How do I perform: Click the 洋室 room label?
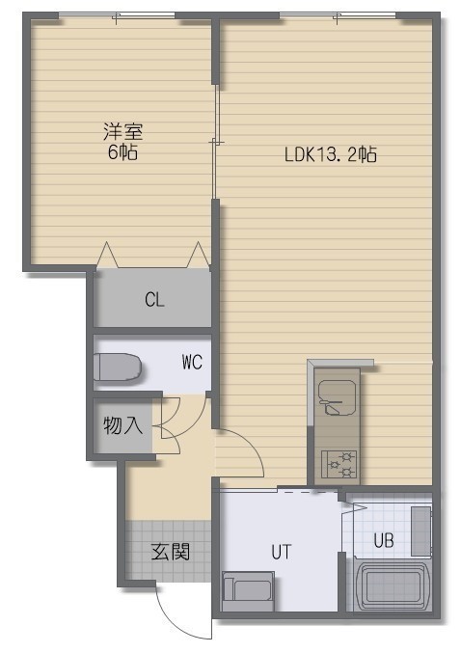pyautogui.click(x=123, y=131)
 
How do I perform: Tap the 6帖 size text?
pyautogui.click(x=122, y=152)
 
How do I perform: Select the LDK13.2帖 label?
pyautogui.click(x=331, y=154)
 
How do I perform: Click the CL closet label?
pyautogui.click(x=154, y=299)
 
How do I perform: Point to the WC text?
pyautogui.click(x=192, y=362)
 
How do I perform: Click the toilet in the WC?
pyautogui.click(x=118, y=367)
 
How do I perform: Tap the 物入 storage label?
pyautogui.click(x=122, y=425)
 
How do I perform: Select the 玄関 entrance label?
pyautogui.click(x=171, y=552)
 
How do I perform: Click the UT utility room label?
pyautogui.click(x=282, y=552)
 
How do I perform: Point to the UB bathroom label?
pyautogui.click(x=384, y=540)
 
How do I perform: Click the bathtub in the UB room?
pyautogui.click(x=393, y=586)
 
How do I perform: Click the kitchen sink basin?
pyautogui.click(x=338, y=397)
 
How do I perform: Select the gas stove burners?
pyautogui.click(x=339, y=464)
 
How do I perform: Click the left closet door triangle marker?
pyautogui.click(x=107, y=255)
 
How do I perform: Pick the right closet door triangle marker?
pyautogui.click(x=199, y=255)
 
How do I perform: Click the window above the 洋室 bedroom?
pyautogui.click(x=116, y=15)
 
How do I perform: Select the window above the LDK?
pyautogui.click(x=338, y=15)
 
